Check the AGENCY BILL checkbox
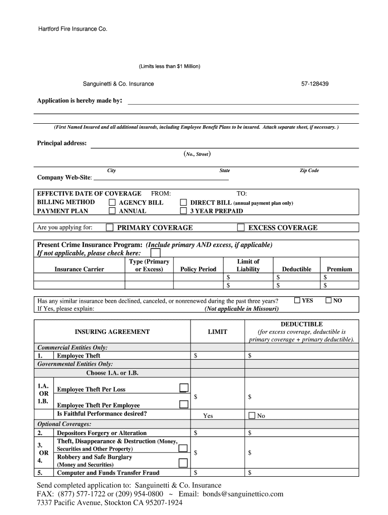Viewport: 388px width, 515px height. click(112, 203)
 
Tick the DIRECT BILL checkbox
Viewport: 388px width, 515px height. click(183, 203)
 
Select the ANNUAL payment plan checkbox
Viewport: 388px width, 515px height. click(112, 211)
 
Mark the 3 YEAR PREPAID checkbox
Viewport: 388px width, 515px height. click(183, 211)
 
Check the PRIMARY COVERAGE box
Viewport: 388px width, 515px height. click(109, 227)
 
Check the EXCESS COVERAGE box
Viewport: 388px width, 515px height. click(241, 227)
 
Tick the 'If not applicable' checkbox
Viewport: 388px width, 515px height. click(156, 253)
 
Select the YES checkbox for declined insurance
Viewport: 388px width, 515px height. click(297, 300)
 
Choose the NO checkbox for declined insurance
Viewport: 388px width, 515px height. click(329, 300)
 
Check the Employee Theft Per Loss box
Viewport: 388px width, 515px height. click(184, 388)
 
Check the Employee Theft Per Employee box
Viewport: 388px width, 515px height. click(184, 404)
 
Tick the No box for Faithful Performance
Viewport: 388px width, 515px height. click(252, 415)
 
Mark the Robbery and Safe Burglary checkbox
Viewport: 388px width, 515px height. click(183, 463)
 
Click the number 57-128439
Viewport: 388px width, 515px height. click(315, 84)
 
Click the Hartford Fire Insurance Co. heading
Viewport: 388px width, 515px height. click(73, 29)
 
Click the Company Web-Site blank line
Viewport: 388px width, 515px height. click(161, 178)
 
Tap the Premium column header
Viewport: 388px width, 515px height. click(339, 269)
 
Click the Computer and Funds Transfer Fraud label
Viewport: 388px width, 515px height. click(108, 473)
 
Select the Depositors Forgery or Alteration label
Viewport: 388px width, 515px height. click(102, 433)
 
